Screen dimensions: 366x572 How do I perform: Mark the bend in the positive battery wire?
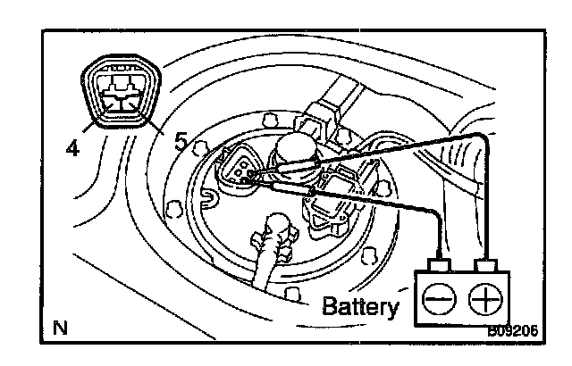[x=483, y=136]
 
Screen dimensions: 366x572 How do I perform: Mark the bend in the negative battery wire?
[x=433, y=211]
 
